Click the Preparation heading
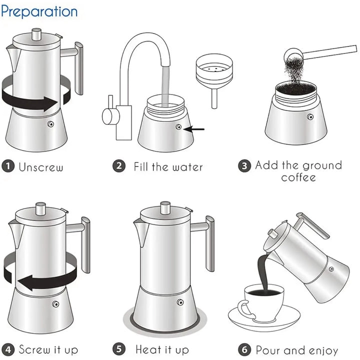(39, 11)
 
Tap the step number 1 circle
(7, 166)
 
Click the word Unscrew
(41, 166)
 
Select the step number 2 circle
(118, 166)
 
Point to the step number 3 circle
(243, 166)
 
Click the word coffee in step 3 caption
(298, 177)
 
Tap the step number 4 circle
(7, 349)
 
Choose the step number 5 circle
(118, 349)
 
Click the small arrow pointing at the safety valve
(195, 129)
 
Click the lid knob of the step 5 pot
(165, 206)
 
